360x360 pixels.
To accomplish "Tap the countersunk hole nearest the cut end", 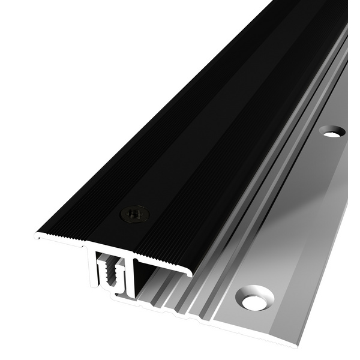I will [x=254, y=298].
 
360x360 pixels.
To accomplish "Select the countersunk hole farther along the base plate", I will [x=331, y=130].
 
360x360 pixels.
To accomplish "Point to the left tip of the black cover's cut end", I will [x=37, y=236].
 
